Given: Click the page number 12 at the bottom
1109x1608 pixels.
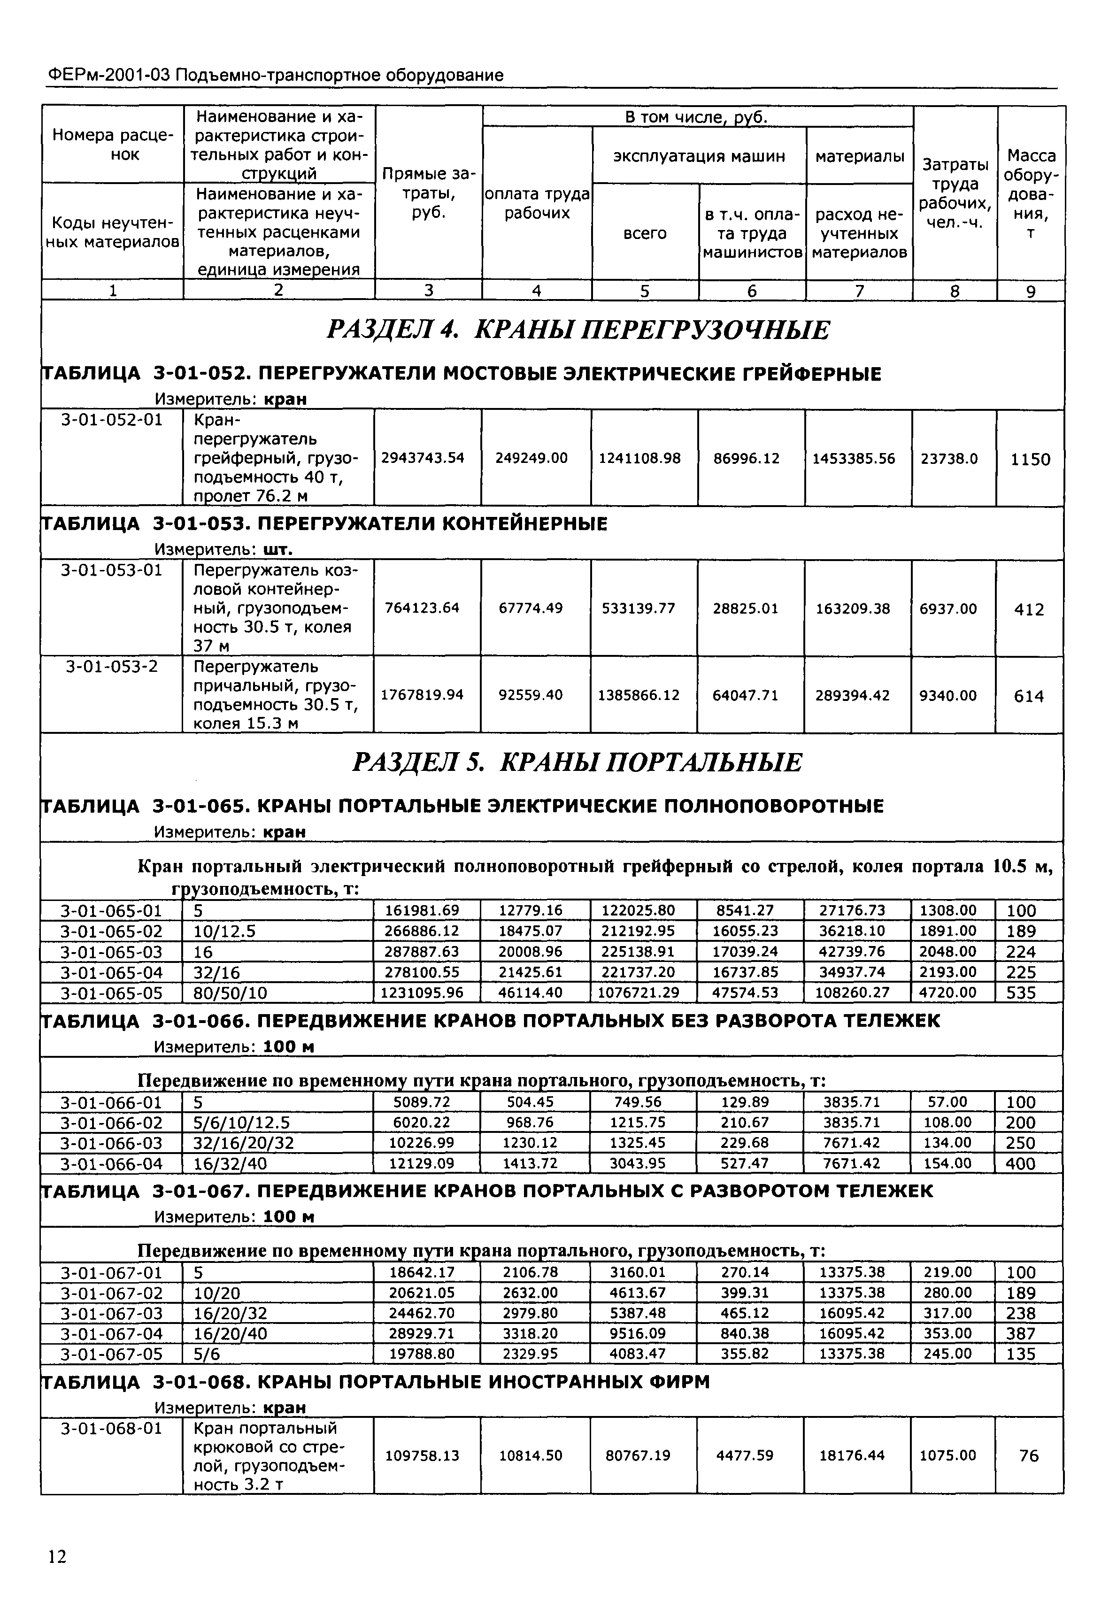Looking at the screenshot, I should click(57, 1556).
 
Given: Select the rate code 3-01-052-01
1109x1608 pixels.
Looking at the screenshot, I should click(111, 419).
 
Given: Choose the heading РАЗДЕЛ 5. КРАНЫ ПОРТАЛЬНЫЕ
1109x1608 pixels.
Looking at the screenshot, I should click(577, 763).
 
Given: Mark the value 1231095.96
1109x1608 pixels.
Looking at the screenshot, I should click(422, 992).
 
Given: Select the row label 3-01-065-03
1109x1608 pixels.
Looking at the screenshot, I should click(111, 951).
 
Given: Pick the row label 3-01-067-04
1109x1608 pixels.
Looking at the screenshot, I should click(111, 1333).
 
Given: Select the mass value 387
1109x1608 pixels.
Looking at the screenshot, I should click(1021, 1333).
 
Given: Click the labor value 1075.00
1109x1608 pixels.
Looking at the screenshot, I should click(948, 1455).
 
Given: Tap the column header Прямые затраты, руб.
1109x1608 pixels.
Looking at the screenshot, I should click(428, 192).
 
